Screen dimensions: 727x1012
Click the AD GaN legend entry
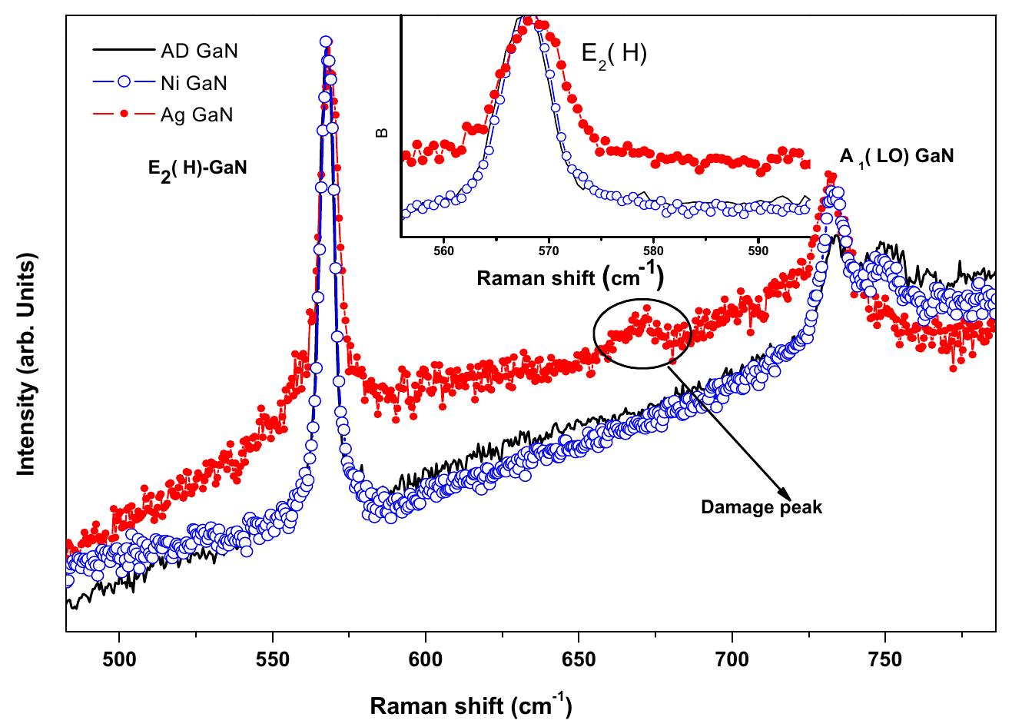[x=199, y=51]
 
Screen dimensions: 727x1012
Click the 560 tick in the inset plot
[x=443, y=250]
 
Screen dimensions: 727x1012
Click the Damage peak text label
[x=761, y=508]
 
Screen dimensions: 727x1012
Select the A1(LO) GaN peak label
[x=896, y=157]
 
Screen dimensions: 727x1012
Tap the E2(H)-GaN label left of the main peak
[x=197, y=167]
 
